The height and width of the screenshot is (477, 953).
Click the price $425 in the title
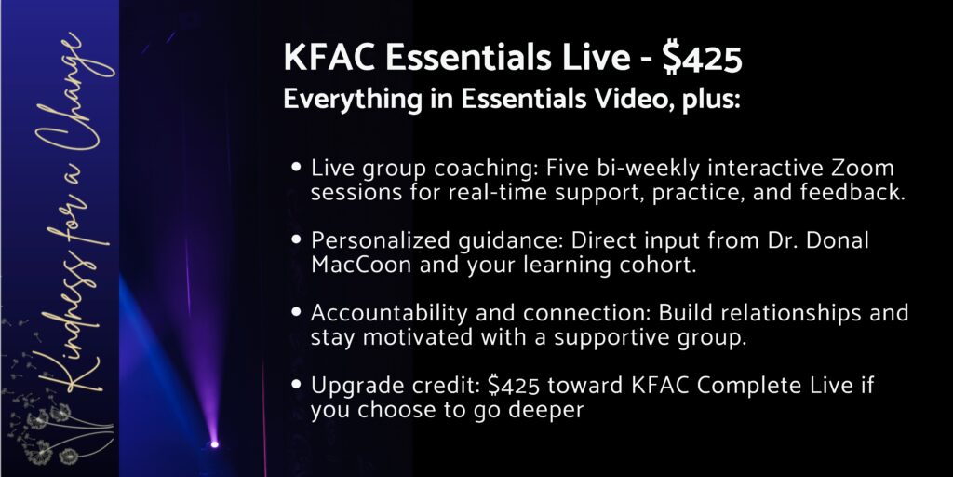pos(702,59)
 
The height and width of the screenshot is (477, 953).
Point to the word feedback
pos(852,192)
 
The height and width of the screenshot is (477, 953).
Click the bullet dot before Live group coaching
pos(296,166)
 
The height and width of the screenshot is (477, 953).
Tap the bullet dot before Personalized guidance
pos(296,239)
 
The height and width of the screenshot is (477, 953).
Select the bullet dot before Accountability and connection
pos(296,311)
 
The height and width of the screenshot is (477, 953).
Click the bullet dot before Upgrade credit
pos(296,384)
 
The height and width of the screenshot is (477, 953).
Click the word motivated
pos(417,337)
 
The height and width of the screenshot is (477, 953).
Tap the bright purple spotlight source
pos(214,444)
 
